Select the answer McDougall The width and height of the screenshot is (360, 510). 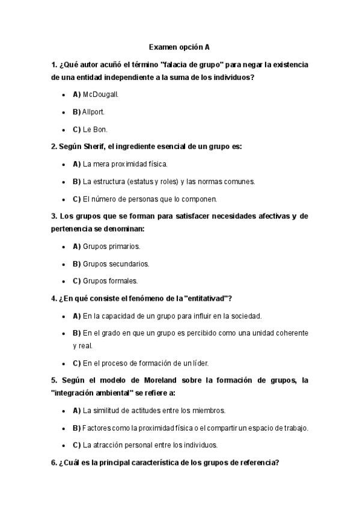coord(101,94)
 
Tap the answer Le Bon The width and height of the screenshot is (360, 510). coord(95,129)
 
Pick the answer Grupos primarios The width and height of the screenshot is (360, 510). coord(111,247)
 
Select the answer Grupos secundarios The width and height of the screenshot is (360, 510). coord(116,263)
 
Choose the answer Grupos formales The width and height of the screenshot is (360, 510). coord(110,280)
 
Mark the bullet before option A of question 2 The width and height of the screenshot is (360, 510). coord(64,164)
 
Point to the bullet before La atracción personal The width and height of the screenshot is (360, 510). coord(64,446)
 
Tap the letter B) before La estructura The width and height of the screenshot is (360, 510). coord(76,181)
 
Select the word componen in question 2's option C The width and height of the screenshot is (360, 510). coord(200,198)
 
